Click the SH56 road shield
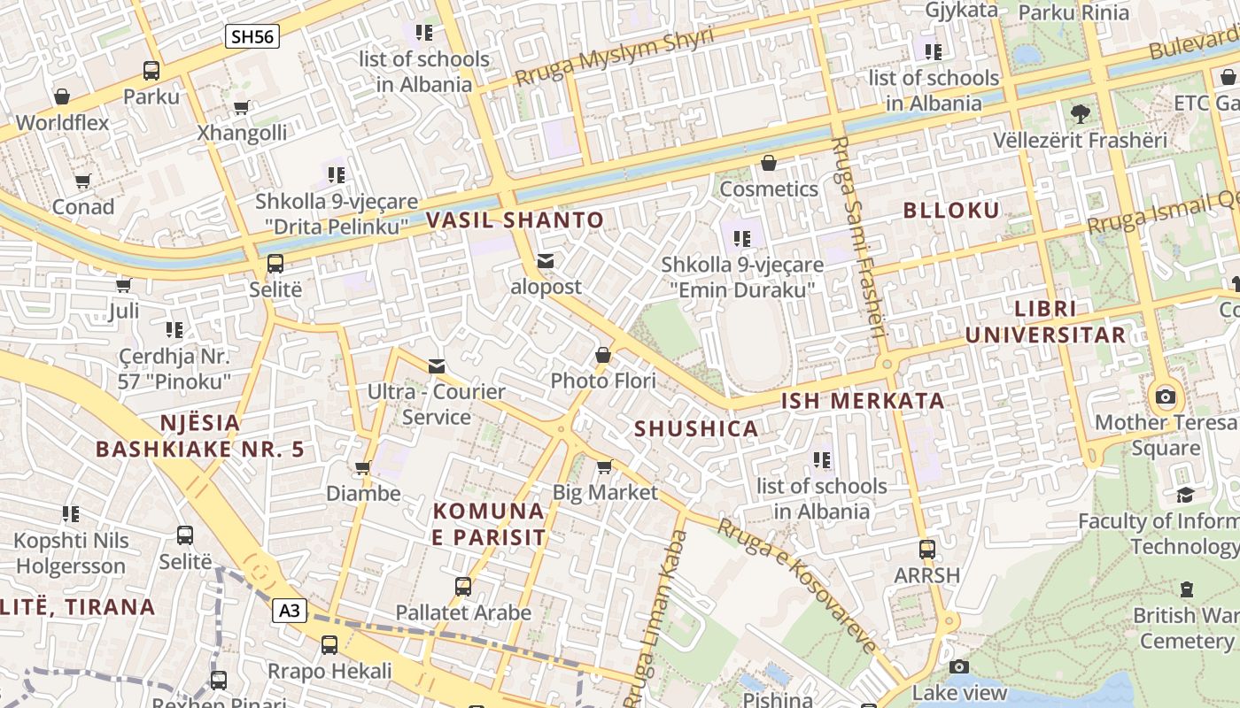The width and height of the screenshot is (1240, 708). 252,36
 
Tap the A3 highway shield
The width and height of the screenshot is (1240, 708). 290,610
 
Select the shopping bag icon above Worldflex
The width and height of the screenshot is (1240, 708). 62,96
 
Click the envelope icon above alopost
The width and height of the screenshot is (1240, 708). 546,261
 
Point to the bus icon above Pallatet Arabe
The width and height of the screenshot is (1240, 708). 462,586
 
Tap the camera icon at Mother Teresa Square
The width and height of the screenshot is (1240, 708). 1166,396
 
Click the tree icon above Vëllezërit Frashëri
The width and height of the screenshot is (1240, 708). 1080,113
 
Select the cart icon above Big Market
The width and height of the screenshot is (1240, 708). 605,466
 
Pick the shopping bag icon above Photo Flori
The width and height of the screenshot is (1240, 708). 603,355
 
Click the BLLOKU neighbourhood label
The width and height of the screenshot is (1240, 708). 951,210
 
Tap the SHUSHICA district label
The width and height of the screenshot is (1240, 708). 696,429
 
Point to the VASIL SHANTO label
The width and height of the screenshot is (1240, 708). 515,220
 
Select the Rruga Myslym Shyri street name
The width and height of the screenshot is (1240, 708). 614,57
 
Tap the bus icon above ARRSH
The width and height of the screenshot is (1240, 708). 926,549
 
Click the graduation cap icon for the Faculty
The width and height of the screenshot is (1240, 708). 1185,495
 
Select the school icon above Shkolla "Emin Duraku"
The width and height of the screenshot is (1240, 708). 742,238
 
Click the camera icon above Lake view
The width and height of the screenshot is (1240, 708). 958,666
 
